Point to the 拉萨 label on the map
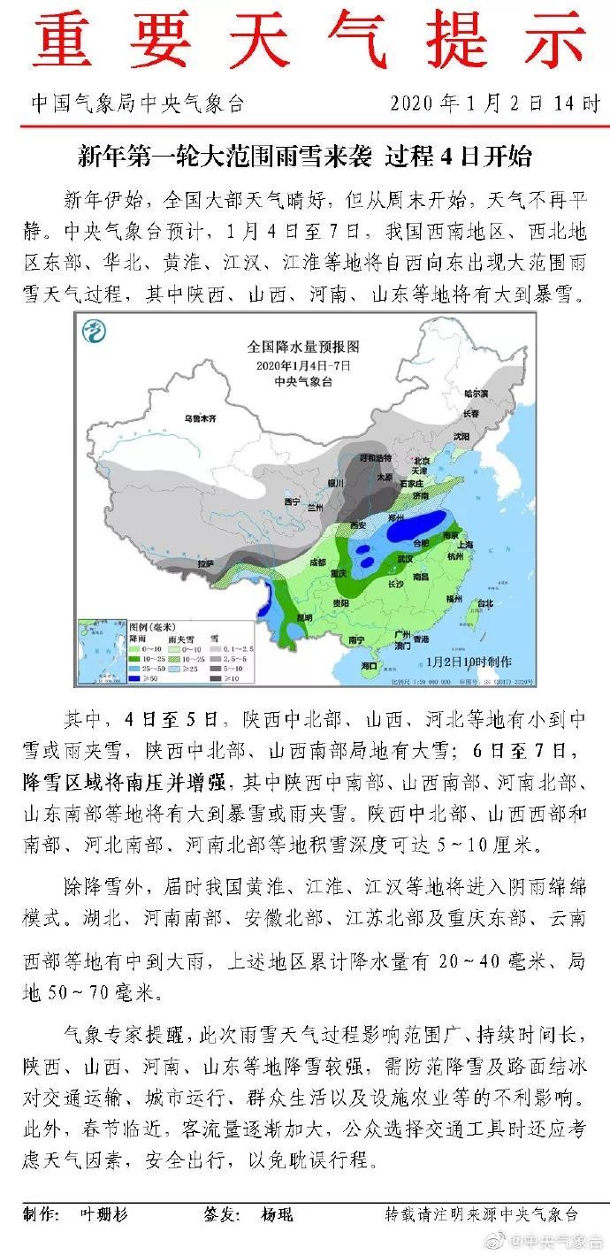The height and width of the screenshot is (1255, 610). pos(205,562)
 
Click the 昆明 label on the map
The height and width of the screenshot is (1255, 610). pos(305,616)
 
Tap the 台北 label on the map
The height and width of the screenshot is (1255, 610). pos(485,604)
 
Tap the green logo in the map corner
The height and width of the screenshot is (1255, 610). pos(94,333)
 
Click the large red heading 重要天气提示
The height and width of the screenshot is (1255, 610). pos(304,42)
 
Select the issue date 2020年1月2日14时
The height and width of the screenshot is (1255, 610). pos(494,103)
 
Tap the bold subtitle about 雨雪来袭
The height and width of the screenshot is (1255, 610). pos(304,157)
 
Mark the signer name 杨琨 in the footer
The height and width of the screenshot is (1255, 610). pos(277,1214)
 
